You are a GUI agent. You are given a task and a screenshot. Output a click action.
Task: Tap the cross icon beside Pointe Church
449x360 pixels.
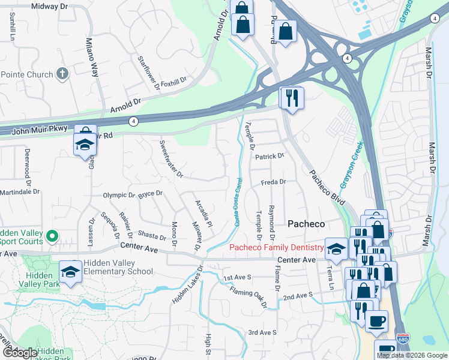(61, 74)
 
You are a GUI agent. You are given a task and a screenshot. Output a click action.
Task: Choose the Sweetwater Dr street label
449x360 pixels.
(170, 159)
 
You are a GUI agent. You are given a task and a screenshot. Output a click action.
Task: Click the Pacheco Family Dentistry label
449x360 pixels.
(276, 247)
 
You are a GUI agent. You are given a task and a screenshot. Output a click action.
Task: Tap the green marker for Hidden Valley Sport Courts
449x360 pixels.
(52, 237)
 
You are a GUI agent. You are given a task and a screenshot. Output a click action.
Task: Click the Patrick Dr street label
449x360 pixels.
(268, 156)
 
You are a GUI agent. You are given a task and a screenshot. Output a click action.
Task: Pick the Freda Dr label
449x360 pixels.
(273, 181)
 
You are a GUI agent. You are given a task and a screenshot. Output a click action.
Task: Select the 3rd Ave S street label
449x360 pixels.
(262, 332)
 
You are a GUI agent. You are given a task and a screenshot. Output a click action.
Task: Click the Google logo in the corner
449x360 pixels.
(20, 353)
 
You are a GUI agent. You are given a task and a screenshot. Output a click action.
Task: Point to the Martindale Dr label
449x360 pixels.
(20, 192)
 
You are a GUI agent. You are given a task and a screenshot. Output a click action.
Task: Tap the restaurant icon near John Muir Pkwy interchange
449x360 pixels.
(292, 97)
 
